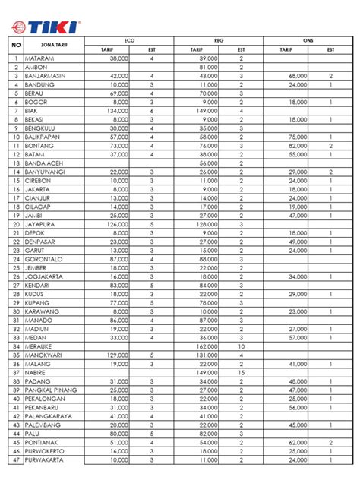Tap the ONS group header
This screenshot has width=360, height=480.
[308, 39]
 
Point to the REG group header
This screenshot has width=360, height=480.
[219, 39]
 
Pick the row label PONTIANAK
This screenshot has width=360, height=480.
[44, 443]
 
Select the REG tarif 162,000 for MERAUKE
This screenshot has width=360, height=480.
[207, 346]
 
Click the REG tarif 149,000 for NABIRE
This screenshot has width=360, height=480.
[207, 373]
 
